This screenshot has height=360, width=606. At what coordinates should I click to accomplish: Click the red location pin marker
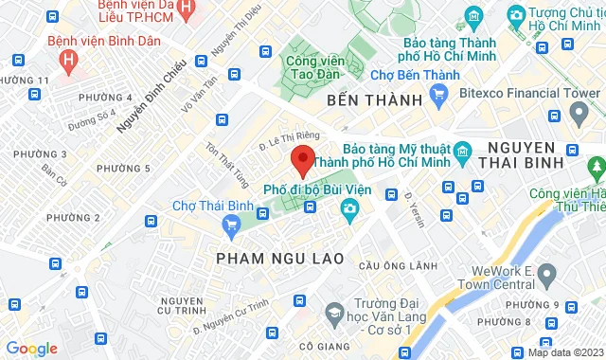click(302, 159)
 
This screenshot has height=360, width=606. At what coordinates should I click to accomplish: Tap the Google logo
click(30, 348)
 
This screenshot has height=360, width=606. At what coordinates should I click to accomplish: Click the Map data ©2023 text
click(563, 352)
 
